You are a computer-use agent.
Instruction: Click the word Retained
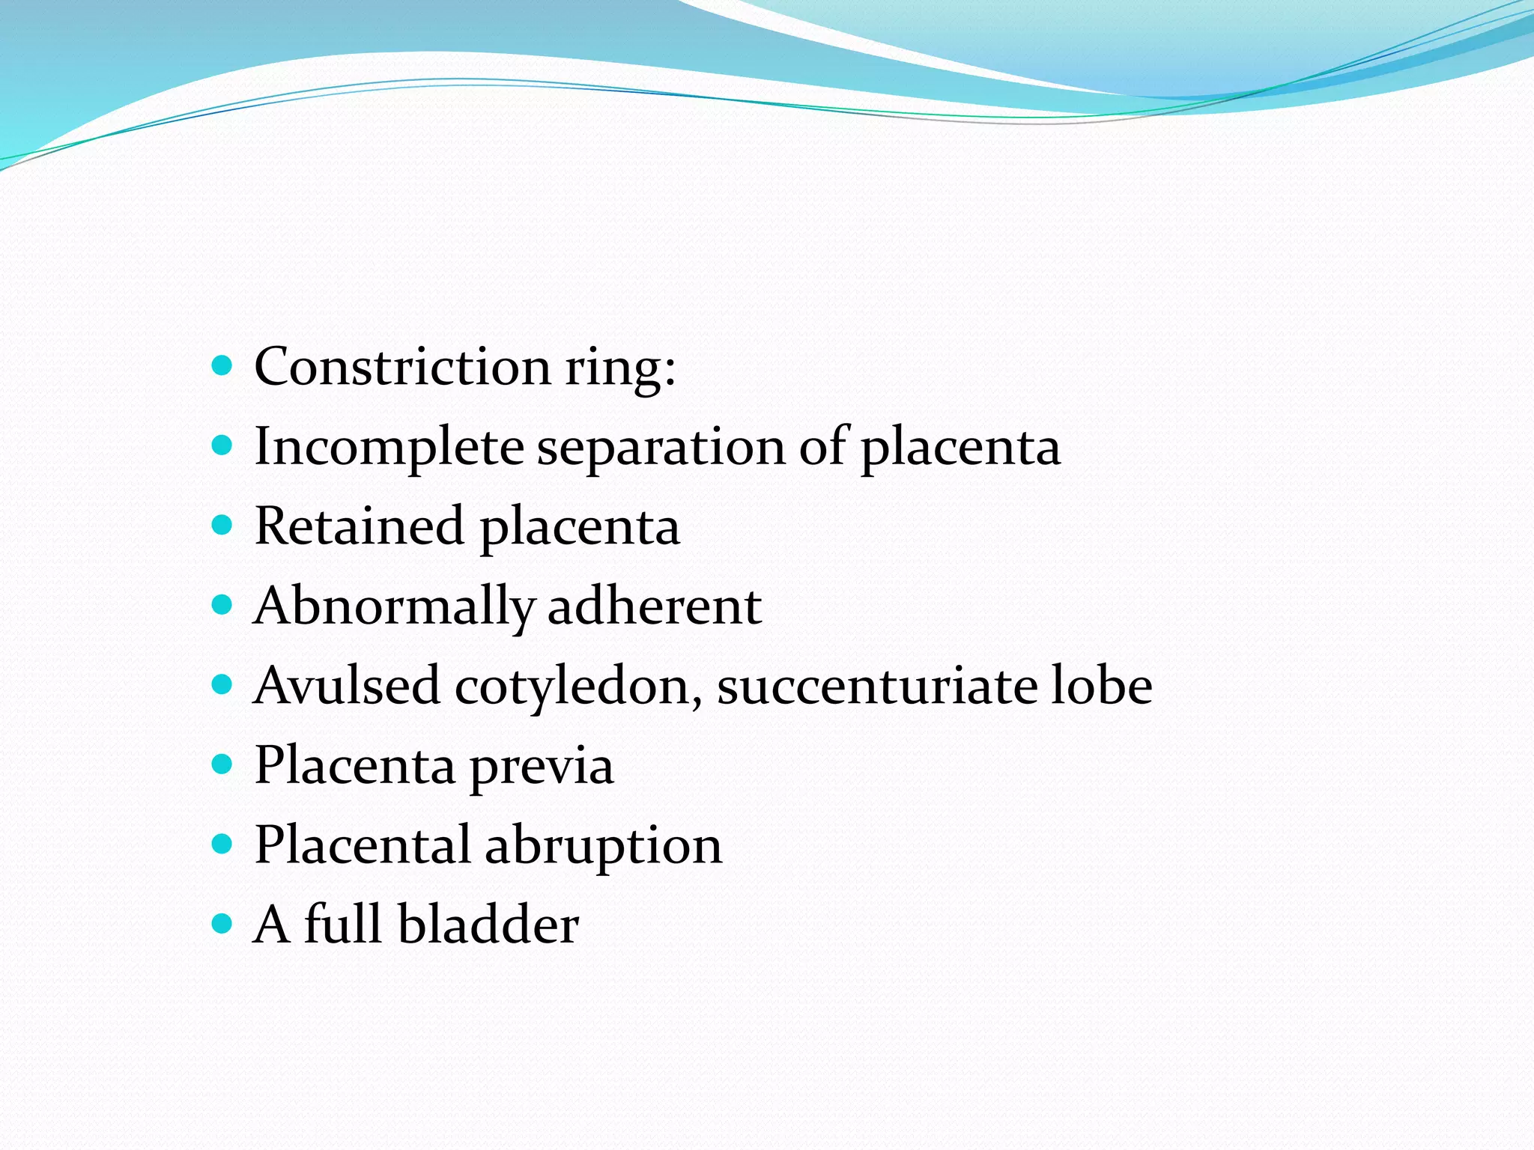[359, 526]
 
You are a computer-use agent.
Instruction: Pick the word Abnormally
[394, 606]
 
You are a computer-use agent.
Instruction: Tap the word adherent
[655, 606]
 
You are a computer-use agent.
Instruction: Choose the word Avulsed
[347, 686]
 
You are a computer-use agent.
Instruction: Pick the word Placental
[363, 845]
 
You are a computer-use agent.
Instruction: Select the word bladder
[488, 925]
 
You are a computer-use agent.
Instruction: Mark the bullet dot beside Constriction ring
[222, 367]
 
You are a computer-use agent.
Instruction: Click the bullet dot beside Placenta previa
[222, 765]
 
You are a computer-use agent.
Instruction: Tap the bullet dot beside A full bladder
[222, 924]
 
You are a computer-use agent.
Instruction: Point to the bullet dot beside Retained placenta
[222, 526]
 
